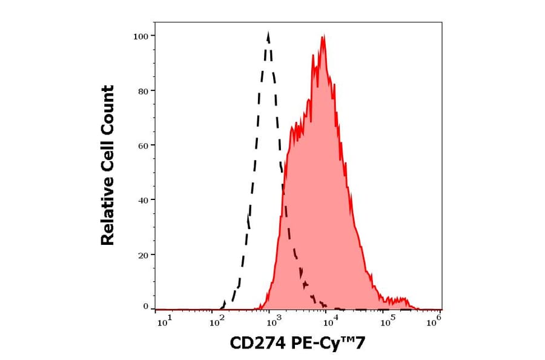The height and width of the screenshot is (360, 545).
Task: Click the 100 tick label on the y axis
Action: click(x=140, y=36)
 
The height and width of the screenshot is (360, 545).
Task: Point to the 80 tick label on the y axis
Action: click(x=142, y=91)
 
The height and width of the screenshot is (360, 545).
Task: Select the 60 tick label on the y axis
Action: click(x=142, y=145)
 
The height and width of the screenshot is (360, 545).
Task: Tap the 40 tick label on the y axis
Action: click(x=142, y=200)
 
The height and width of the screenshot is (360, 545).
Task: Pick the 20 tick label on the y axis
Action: click(x=142, y=255)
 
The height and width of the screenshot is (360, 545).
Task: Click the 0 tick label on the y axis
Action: click(x=145, y=307)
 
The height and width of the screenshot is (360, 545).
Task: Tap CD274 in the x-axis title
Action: click(x=257, y=344)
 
